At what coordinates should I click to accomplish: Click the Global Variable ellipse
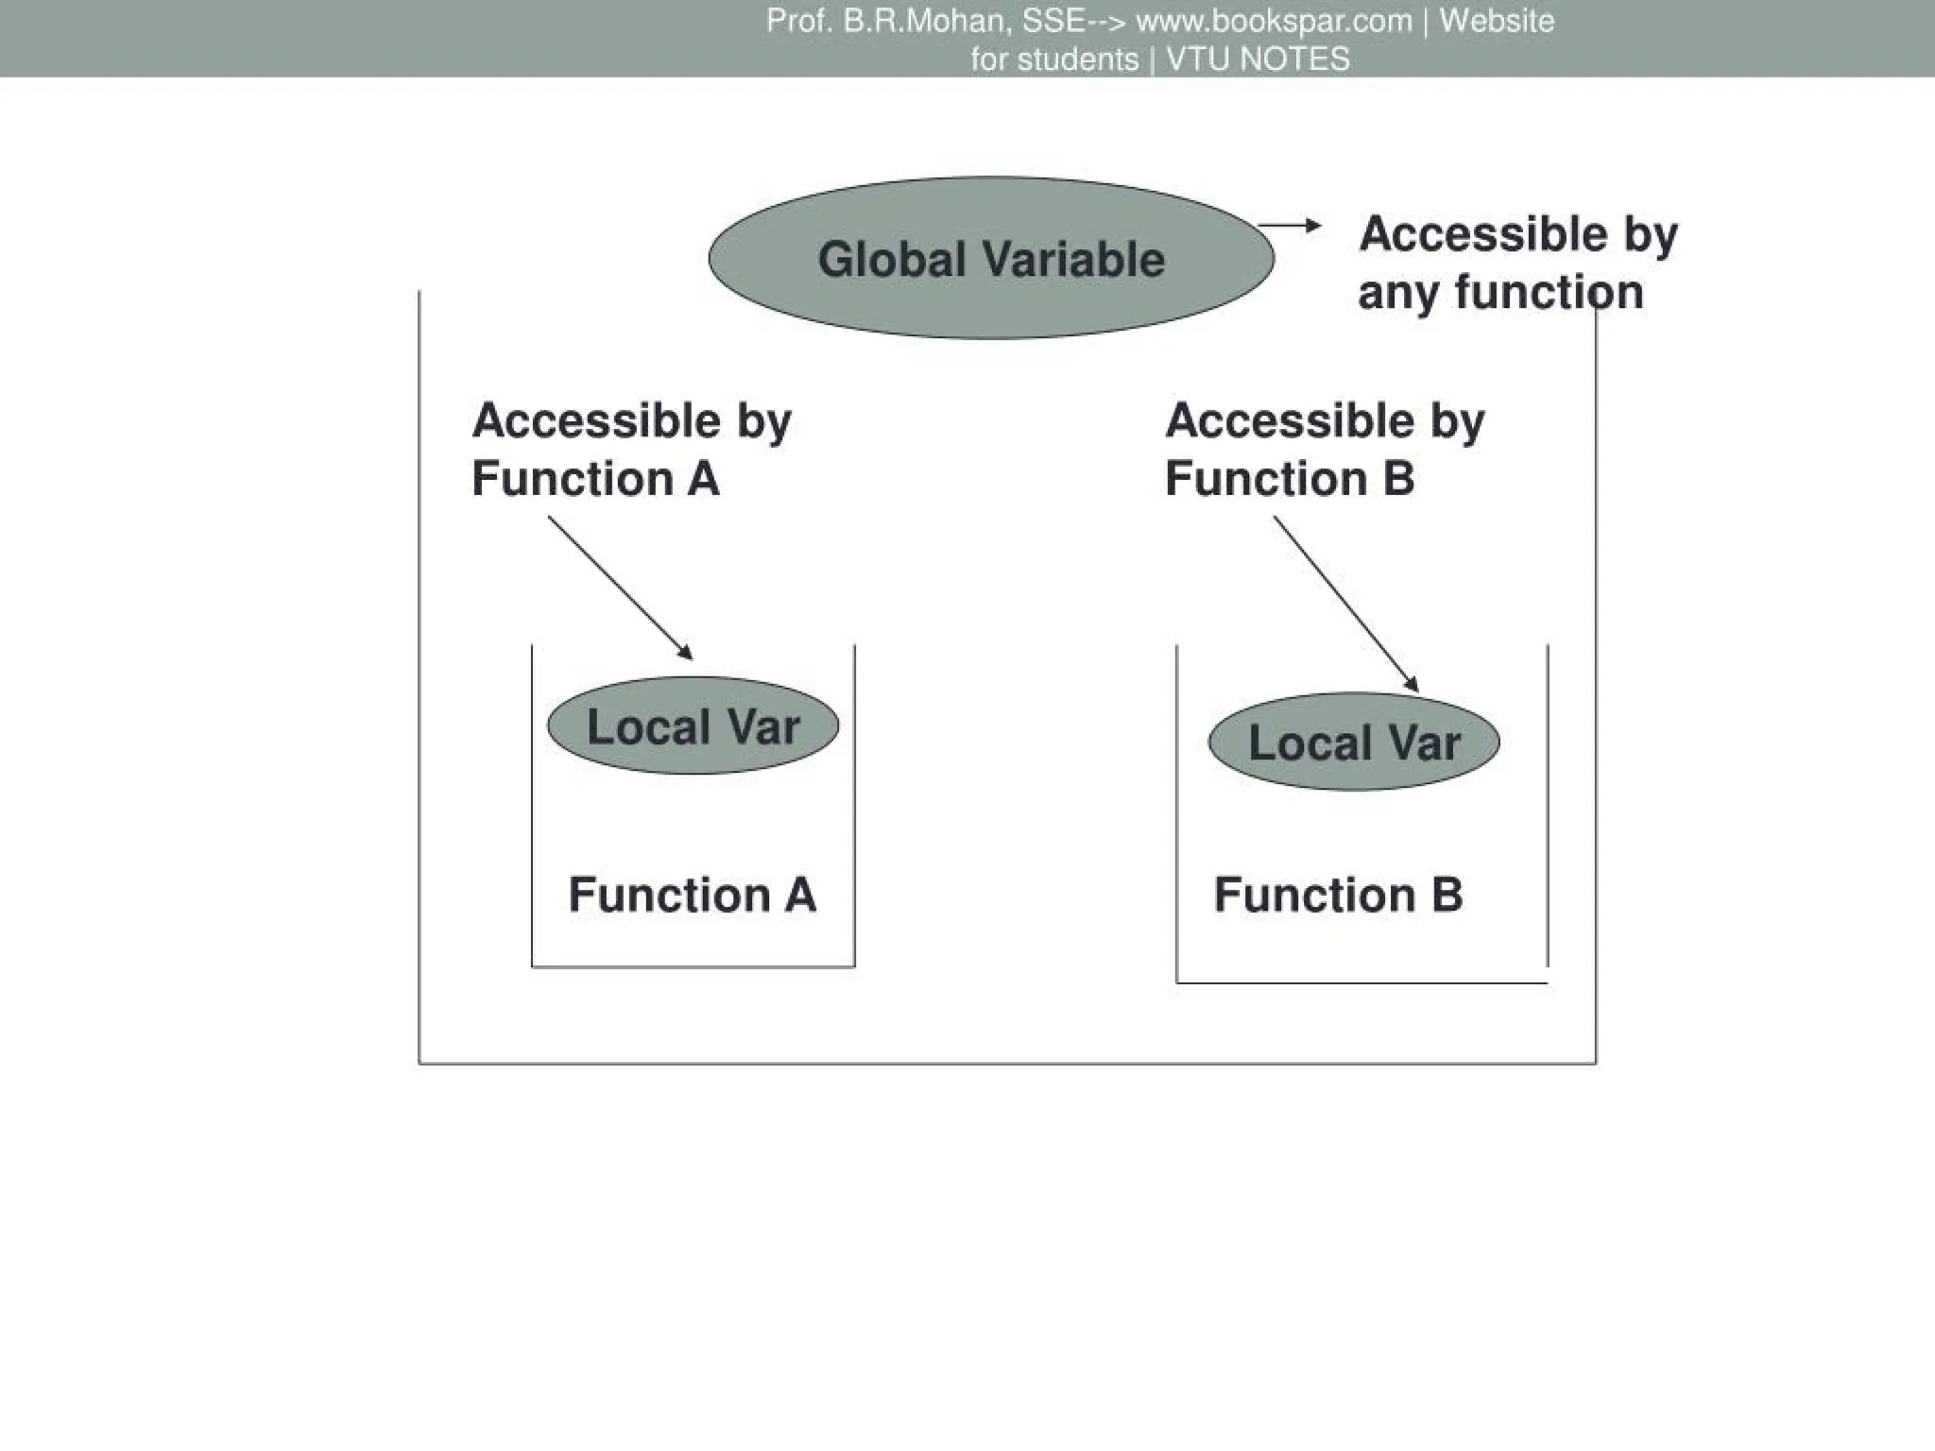(x=991, y=258)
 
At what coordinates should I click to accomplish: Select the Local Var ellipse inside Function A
(x=693, y=725)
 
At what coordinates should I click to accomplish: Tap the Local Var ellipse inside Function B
(x=1354, y=742)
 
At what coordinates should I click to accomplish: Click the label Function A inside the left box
(x=692, y=894)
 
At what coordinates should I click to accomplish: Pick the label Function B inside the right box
(x=1338, y=894)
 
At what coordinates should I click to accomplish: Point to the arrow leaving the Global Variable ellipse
(x=1290, y=225)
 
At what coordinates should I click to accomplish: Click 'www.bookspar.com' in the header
(x=1274, y=21)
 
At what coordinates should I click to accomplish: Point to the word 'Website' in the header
(x=1497, y=21)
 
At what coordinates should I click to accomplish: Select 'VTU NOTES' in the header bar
(x=1258, y=60)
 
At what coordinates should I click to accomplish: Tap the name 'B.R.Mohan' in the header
(x=924, y=21)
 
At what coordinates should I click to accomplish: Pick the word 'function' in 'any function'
(x=1550, y=291)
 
